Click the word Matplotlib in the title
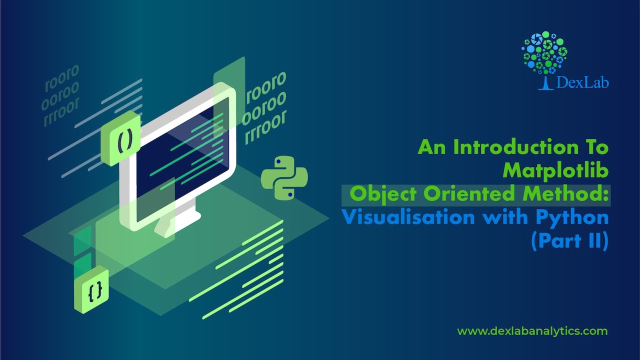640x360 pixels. [x=555, y=170]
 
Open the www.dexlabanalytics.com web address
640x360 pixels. [x=532, y=331]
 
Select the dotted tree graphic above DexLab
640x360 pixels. [x=545, y=51]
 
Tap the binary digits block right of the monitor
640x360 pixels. [x=263, y=107]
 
